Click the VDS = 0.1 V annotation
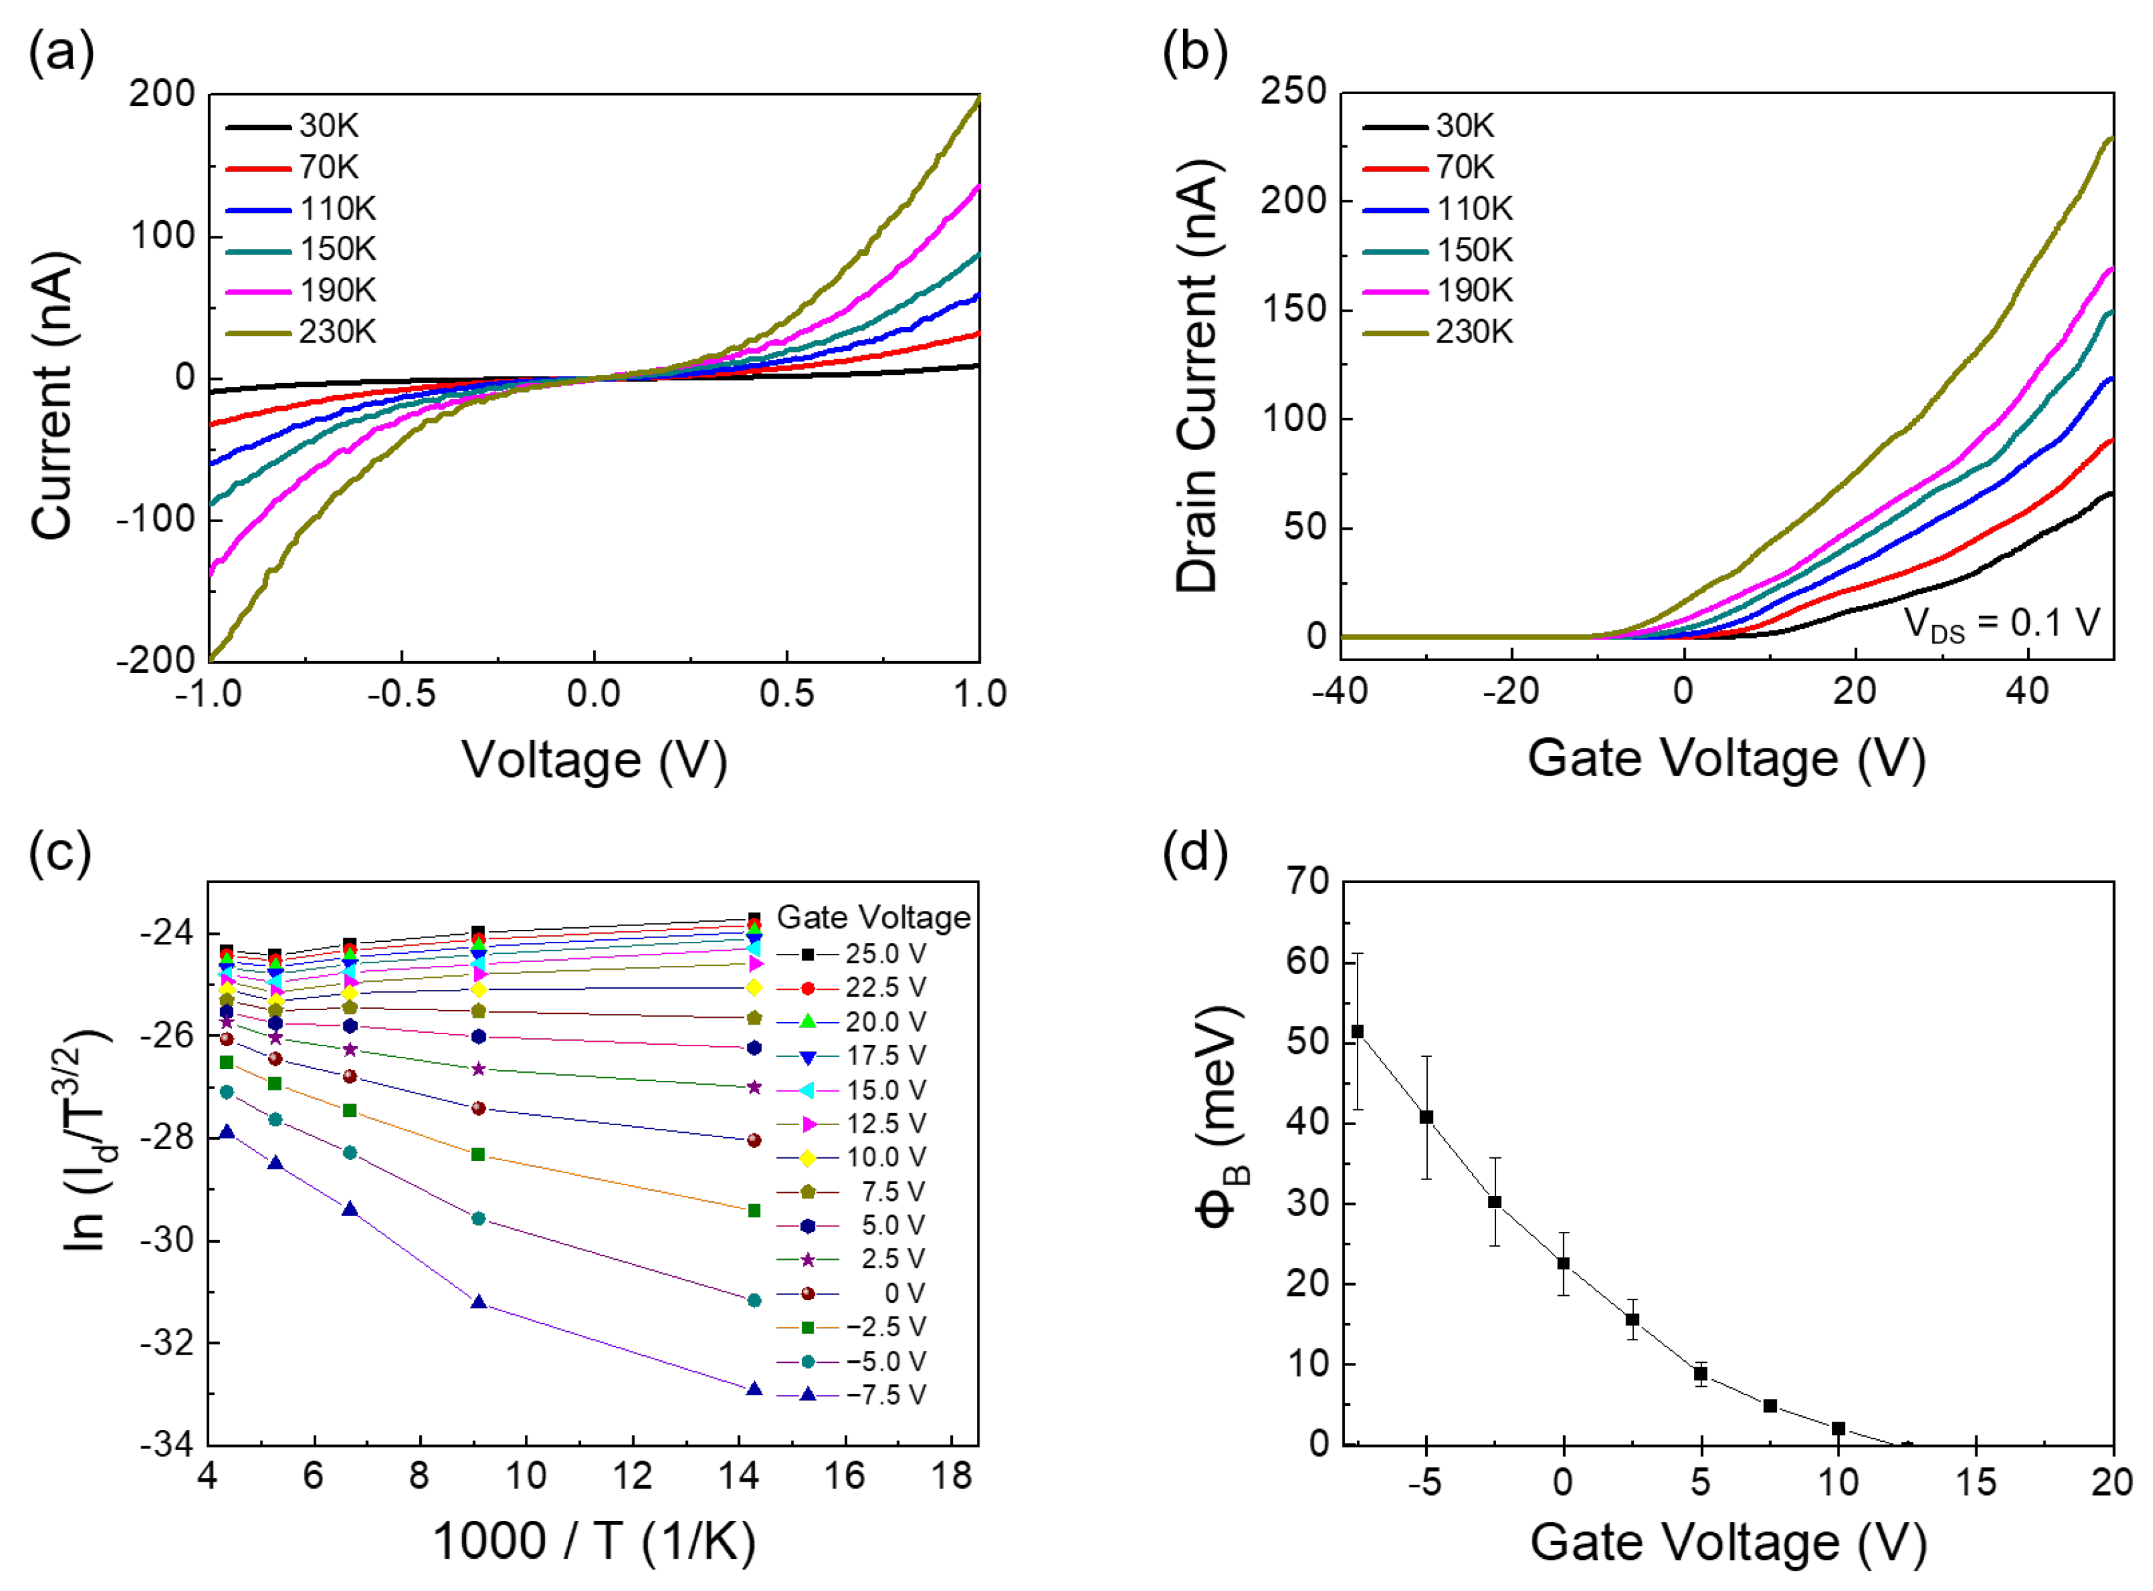pyautogui.click(x=2002, y=623)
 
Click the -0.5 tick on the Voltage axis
pyautogui.click(x=401, y=693)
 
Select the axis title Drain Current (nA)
pyautogui.click(x=1198, y=375)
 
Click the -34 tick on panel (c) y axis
pyautogui.click(x=166, y=1444)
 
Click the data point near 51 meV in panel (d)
pyautogui.click(x=1358, y=1032)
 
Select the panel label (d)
pyautogui.click(x=1194, y=852)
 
